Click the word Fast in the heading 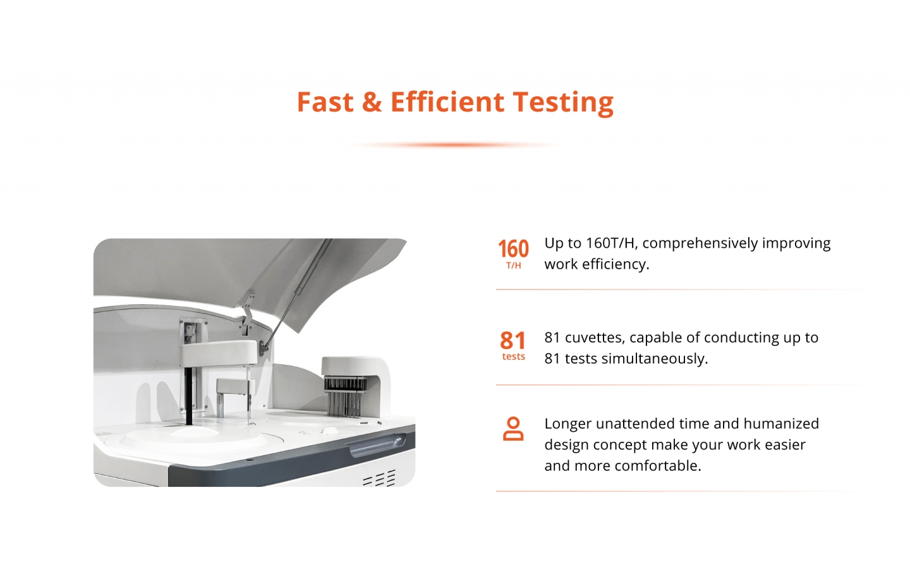325,102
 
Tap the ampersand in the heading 372,102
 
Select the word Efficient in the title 447,102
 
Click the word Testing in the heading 563,103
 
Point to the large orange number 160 514,248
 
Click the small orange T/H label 514,266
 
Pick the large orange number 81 513,340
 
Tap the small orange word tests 514,357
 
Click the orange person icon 513,429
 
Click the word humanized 781,424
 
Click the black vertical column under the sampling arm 188,396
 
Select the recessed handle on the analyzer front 378,445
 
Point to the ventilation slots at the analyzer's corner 379,478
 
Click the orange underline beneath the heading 455,145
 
